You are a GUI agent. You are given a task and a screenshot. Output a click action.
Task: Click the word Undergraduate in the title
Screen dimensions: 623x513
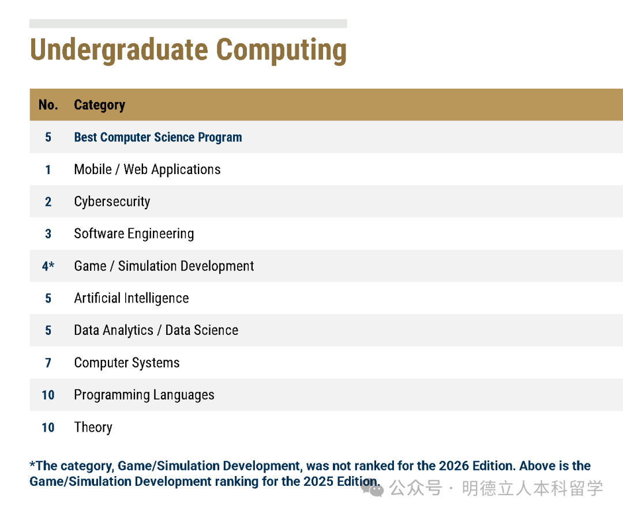tap(119, 50)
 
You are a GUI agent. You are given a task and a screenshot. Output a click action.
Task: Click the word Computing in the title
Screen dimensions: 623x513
tap(282, 50)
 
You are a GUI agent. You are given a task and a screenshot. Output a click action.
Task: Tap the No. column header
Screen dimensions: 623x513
tap(48, 105)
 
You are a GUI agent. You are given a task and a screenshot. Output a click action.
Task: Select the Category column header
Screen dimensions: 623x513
tap(99, 105)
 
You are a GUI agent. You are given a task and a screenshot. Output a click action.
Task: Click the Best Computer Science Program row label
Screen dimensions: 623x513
tap(157, 137)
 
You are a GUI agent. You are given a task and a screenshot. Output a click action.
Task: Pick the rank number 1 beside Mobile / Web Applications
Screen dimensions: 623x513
tap(48, 169)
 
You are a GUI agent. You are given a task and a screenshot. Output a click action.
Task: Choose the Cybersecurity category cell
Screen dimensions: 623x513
tap(112, 202)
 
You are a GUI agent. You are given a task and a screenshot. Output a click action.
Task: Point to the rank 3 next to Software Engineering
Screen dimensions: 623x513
tap(48, 234)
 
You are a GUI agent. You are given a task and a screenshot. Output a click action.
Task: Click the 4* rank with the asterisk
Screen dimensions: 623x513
tap(48, 266)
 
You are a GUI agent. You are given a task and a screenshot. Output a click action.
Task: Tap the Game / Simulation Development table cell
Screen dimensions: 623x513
tap(164, 266)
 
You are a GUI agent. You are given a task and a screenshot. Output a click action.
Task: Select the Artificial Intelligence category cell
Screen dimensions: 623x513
tap(132, 298)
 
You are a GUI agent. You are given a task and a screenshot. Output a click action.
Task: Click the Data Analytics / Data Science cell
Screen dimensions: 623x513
tap(156, 330)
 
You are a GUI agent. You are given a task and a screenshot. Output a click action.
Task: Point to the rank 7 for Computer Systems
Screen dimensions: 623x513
tap(48, 363)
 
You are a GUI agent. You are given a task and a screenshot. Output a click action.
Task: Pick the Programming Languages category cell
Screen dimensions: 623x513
tap(144, 395)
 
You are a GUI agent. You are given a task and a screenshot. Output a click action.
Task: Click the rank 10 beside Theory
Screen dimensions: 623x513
tap(48, 428)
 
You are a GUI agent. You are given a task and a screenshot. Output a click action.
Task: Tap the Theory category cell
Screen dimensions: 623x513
tap(93, 428)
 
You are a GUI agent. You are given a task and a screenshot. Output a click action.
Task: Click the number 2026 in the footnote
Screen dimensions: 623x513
tap(451, 466)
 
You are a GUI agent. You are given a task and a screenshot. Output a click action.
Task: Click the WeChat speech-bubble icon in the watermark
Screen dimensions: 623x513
tap(372, 488)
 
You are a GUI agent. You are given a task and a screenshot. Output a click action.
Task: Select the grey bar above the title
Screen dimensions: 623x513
tap(188, 24)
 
